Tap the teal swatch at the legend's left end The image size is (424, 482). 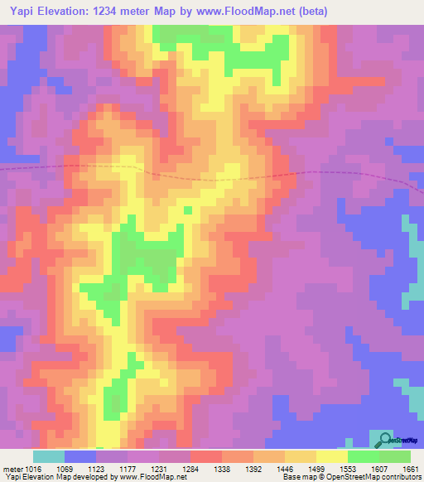click(48, 456)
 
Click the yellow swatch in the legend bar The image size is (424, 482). click(331, 456)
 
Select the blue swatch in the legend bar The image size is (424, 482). click(80, 456)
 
